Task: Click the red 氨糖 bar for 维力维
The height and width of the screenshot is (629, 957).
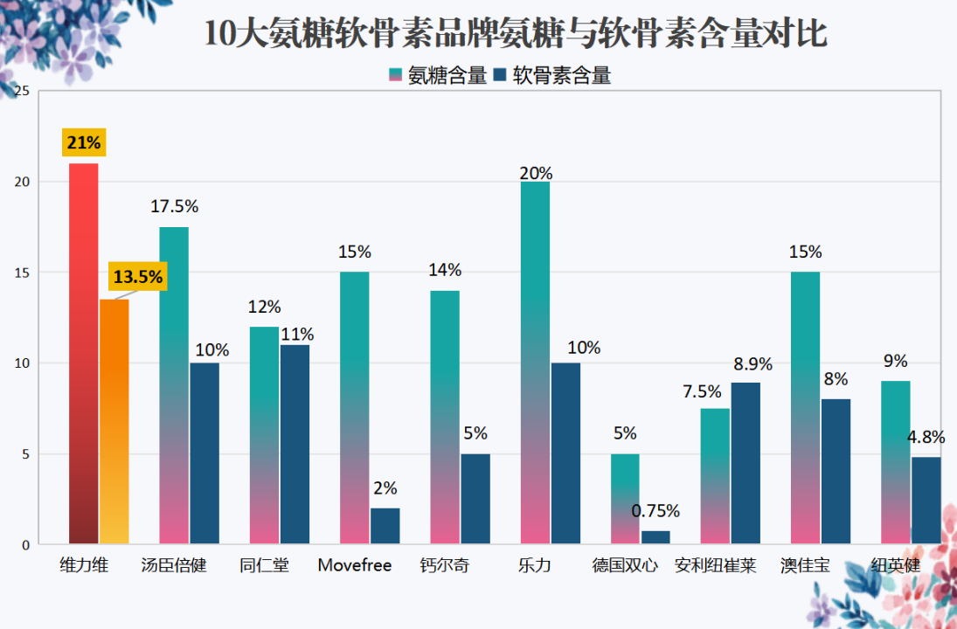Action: click(x=84, y=354)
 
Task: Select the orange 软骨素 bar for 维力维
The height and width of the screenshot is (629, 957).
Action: click(x=114, y=422)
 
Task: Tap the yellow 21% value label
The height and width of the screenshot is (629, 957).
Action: click(x=84, y=142)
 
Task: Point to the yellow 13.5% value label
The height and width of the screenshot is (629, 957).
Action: click(x=138, y=276)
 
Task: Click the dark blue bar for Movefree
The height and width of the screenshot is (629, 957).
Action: click(x=385, y=526)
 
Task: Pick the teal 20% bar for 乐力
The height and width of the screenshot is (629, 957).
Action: click(x=535, y=363)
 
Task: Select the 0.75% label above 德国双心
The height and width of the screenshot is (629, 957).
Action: click(x=655, y=511)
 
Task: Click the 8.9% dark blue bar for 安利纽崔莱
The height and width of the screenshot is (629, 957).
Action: click(x=745, y=464)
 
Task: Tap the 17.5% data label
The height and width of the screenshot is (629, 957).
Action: click(x=175, y=206)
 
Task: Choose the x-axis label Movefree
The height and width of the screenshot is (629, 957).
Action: click(x=355, y=565)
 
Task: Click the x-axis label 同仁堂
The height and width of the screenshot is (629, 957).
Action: click(x=264, y=565)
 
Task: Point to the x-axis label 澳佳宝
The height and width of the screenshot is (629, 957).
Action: click(x=806, y=565)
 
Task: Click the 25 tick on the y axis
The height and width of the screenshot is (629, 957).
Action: click(x=22, y=91)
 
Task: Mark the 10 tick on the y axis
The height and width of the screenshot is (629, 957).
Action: click(x=22, y=363)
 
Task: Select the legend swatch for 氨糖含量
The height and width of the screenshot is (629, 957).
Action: click(x=396, y=75)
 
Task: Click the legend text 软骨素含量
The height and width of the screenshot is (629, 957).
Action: click(x=561, y=75)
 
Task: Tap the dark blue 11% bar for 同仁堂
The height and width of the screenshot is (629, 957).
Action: click(x=295, y=445)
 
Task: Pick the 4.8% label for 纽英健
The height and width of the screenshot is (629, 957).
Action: click(x=926, y=437)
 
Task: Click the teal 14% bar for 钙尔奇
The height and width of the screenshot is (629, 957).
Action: click(x=445, y=418)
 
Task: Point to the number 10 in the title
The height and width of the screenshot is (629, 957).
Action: click(x=219, y=33)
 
